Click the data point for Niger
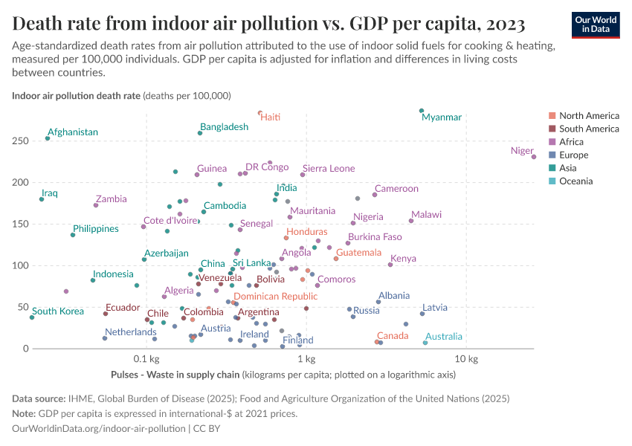[534, 157]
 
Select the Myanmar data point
[422, 111]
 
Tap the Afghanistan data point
[48, 138]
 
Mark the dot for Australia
[425, 343]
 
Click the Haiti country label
[270, 117]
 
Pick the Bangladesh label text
[224, 127]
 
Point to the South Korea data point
[32, 317]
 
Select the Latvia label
[434, 308]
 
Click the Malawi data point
[411, 221]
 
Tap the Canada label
[392, 336]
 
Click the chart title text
[269, 24]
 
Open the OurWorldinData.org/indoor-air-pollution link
[99, 429]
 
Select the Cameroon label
[396, 189]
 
